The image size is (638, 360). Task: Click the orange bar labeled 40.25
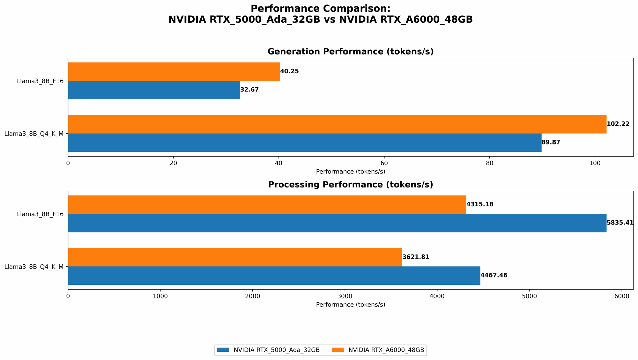click(174, 71)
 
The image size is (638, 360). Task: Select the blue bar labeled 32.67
click(154, 90)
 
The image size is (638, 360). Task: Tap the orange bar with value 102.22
click(337, 124)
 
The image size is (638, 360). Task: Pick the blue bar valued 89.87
click(305, 143)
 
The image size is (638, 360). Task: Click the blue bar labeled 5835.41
click(337, 223)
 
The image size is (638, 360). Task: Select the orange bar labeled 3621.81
click(235, 257)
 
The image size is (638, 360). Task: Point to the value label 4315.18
click(480, 204)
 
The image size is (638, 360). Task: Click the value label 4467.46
click(494, 276)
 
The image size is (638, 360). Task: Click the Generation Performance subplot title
click(350, 52)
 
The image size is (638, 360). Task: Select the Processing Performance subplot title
click(350, 185)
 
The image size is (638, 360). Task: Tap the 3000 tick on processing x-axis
click(345, 296)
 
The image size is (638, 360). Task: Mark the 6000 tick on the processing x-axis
click(622, 296)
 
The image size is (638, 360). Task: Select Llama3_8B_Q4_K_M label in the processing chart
click(34, 267)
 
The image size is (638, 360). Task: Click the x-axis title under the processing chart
click(350, 305)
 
